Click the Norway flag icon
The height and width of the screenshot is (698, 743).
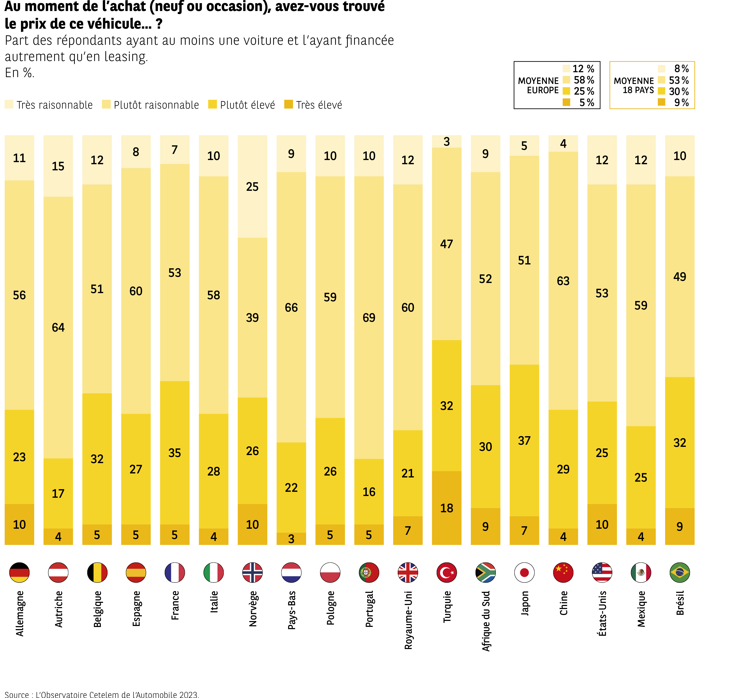[252, 572]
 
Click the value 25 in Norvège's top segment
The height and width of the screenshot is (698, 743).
[252, 187]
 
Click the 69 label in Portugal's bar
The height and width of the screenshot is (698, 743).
[369, 318]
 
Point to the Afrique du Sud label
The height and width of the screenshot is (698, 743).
[485, 621]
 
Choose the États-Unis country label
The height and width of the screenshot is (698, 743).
[602, 613]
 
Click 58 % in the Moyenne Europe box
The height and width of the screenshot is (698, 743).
[584, 80]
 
